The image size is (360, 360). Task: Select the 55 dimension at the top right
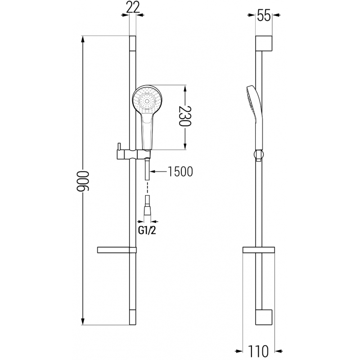[264, 16]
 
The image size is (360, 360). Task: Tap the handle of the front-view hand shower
[147, 133]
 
